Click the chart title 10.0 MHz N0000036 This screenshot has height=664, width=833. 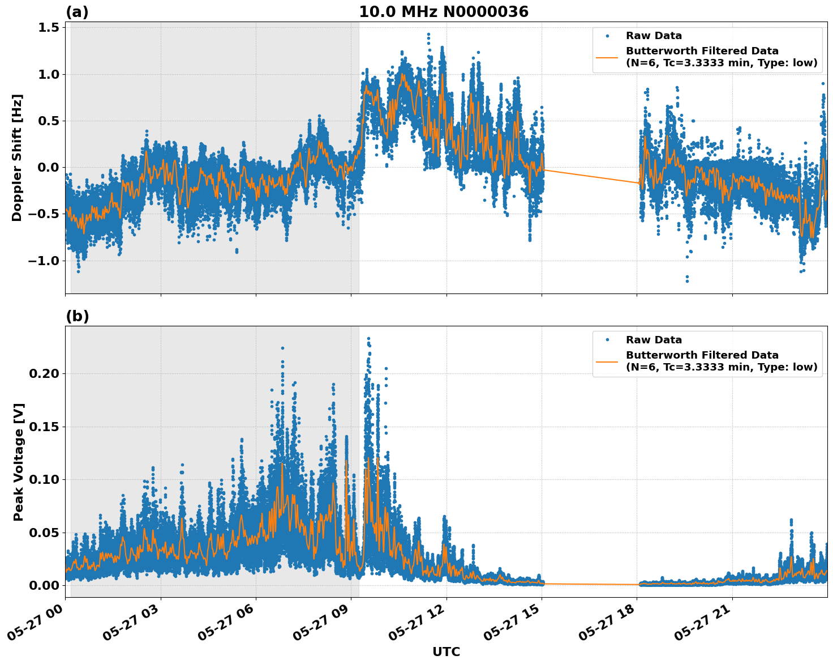[444, 12]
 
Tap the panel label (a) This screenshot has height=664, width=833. [77, 12]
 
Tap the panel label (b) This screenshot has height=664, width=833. [77, 316]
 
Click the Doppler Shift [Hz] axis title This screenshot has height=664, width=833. [17, 158]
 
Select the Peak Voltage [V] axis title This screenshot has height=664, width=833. [19, 462]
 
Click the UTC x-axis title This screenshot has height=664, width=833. [446, 652]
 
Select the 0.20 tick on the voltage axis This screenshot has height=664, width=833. [43, 373]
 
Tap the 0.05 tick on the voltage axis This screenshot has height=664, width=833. [43, 533]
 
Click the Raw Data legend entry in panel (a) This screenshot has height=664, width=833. [654, 36]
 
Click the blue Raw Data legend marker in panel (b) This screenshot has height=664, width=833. [607, 340]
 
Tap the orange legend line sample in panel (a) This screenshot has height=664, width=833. [607, 57]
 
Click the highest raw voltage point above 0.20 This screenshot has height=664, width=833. [368, 338]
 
